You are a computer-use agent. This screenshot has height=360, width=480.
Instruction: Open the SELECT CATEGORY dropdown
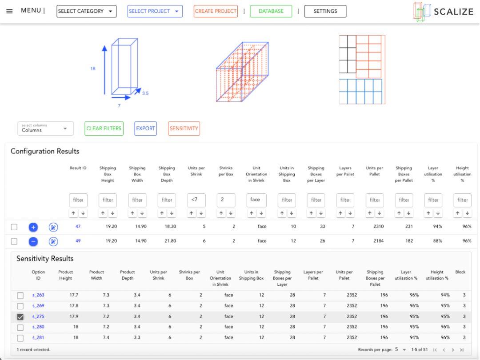pyautogui.click(x=86, y=11)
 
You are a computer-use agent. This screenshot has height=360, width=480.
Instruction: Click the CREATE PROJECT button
pyautogui.click(x=216, y=11)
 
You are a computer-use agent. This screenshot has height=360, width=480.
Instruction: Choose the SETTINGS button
pyautogui.click(x=325, y=11)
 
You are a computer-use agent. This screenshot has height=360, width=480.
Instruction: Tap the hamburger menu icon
pyautogui.click(x=9, y=11)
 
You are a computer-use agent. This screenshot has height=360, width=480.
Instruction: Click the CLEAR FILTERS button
pyautogui.click(x=104, y=128)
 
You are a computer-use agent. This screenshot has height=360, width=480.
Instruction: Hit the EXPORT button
pyautogui.click(x=145, y=128)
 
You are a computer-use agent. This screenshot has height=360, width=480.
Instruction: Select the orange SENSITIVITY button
pyautogui.click(x=184, y=128)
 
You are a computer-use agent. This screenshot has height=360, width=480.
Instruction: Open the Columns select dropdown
pyautogui.click(x=45, y=128)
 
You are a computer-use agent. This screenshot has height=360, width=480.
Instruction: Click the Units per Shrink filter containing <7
pyautogui.click(x=196, y=200)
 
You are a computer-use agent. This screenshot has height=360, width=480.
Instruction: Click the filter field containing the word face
pyautogui.click(x=256, y=200)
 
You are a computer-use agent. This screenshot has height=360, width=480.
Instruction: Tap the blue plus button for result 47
pyautogui.click(x=33, y=227)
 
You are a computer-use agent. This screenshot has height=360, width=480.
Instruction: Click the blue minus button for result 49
pyautogui.click(x=33, y=241)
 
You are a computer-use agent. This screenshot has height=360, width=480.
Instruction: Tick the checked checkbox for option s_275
pyautogui.click(x=20, y=317)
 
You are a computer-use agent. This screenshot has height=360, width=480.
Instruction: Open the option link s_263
pyautogui.click(x=38, y=295)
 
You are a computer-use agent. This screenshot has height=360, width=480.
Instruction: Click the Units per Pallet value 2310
pyautogui.click(x=378, y=227)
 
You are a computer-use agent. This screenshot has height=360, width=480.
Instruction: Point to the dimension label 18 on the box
pyautogui.click(x=93, y=68)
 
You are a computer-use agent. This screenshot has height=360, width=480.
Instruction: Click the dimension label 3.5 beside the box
pyautogui.click(x=145, y=93)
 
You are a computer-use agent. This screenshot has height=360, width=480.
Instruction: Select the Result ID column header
pyautogui.click(x=78, y=168)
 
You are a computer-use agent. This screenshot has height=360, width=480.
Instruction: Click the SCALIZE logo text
pyautogui.click(x=454, y=12)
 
